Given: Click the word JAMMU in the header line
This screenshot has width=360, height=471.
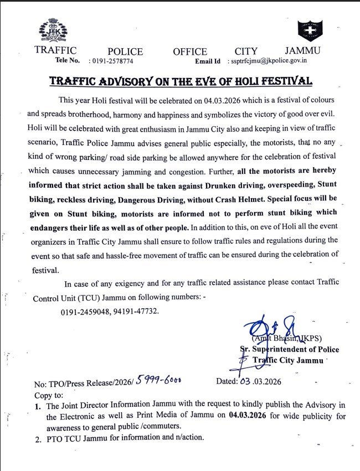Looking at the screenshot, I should [x=302, y=51].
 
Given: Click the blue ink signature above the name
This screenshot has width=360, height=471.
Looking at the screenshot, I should [x=275, y=327].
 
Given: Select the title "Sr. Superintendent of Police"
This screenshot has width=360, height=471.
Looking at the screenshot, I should [x=289, y=350].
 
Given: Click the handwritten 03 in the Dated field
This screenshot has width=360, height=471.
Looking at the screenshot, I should [x=246, y=381].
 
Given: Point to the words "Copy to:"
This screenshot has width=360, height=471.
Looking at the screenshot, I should [x=49, y=395].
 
